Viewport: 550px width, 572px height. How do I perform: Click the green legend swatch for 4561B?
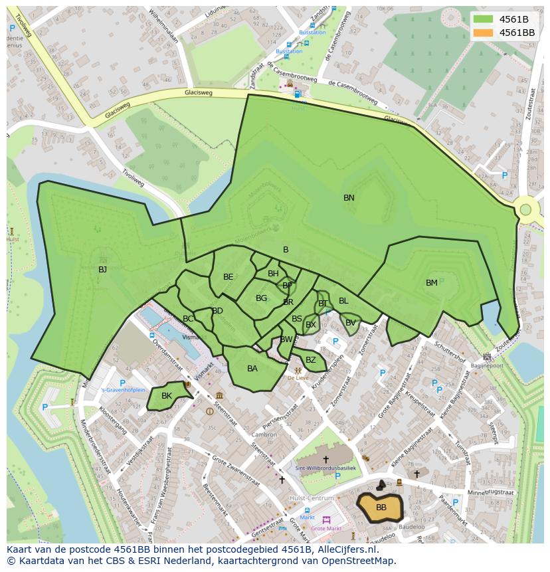point(484,19)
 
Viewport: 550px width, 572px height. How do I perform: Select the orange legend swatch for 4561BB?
point(484,32)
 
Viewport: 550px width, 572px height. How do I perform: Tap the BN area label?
point(349,198)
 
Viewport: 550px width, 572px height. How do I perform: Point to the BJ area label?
point(102,270)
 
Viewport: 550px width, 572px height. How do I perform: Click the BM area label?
point(432,283)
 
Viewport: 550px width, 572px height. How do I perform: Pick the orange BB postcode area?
point(381,508)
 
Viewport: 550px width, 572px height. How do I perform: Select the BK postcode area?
point(167,396)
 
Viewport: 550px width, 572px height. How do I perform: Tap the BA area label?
point(252,369)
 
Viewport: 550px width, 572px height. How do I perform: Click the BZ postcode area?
point(310,361)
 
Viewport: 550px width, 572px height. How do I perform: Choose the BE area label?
point(228,277)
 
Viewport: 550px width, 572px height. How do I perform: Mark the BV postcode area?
point(350,323)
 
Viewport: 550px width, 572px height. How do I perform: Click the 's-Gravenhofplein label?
point(122,390)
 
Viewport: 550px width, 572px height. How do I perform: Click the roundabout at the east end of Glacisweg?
point(525,210)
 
